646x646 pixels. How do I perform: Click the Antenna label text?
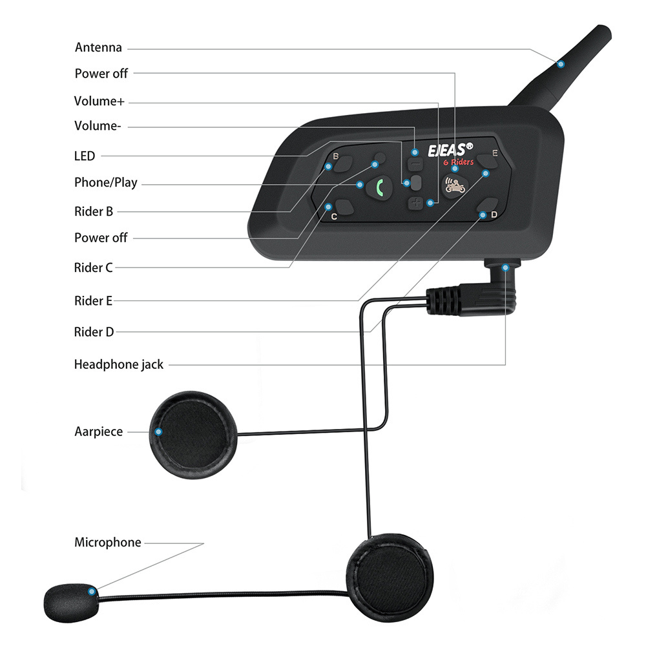[x=98, y=48]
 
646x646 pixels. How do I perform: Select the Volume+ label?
[x=99, y=101]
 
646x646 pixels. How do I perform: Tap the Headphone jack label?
[x=119, y=364]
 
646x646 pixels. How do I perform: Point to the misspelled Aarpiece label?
[x=98, y=432]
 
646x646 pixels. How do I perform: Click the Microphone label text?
[x=107, y=543]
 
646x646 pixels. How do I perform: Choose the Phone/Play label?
[x=105, y=183]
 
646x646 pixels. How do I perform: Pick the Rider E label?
[x=93, y=301]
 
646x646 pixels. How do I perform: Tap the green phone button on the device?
[x=379, y=189]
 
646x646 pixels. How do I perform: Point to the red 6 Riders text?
[x=459, y=162]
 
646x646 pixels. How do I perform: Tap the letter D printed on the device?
[x=494, y=214]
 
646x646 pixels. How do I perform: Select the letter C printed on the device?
[x=334, y=216]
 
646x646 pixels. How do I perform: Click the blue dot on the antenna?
[x=561, y=64]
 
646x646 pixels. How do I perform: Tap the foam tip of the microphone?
[x=71, y=602]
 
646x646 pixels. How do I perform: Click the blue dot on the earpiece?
[x=158, y=432]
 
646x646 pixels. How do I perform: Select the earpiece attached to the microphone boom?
[x=390, y=578]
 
